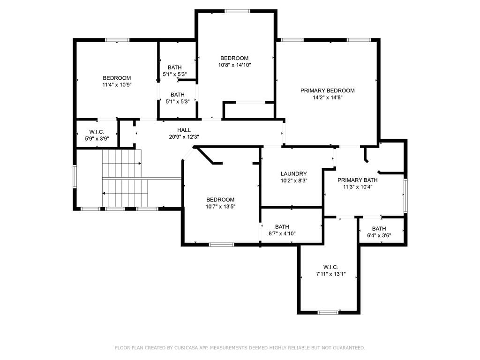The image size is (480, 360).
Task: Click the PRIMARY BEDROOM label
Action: (x=327, y=90)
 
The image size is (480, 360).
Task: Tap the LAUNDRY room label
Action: (x=293, y=174)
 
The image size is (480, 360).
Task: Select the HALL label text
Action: (x=184, y=130)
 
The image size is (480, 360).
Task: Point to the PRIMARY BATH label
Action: (x=357, y=180)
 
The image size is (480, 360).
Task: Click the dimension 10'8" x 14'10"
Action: (x=234, y=65)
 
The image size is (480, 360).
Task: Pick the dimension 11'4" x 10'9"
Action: (x=117, y=85)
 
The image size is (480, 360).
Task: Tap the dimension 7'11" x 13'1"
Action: (x=330, y=274)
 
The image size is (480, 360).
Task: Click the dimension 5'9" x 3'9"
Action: (x=97, y=138)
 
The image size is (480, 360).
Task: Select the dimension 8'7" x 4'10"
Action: (x=282, y=233)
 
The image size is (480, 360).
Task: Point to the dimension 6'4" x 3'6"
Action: (x=379, y=235)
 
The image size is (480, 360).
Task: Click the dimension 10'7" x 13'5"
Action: (x=220, y=207)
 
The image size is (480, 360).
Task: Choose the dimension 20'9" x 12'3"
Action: (x=184, y=137)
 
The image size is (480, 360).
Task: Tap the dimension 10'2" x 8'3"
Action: (x=294, y=180)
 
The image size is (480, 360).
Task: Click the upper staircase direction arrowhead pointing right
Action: (x=140, y=164)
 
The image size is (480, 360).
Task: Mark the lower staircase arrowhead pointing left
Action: (x=104, y=194)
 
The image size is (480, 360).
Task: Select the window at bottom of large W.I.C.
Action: (x=328, y=313)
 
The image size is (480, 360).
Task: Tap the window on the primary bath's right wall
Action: (x=405, y=196)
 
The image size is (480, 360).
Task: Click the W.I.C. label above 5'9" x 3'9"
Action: (x=97, y=132)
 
